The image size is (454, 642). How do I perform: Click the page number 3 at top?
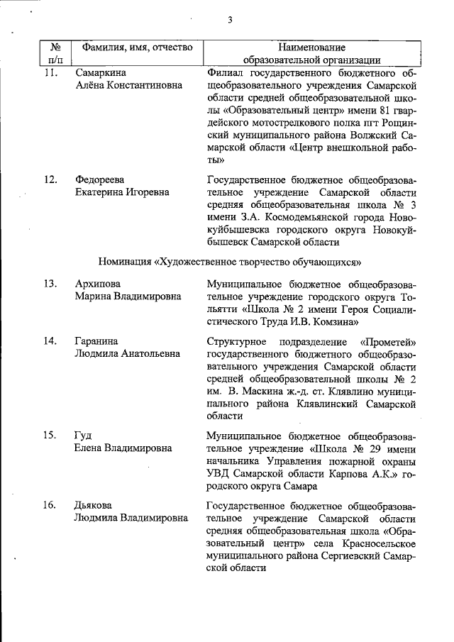[230, 20]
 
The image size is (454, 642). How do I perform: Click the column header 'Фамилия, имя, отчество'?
[138, 47]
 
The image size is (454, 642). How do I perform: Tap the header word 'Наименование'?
[311, 47]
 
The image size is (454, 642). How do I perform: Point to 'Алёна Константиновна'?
[128, 85]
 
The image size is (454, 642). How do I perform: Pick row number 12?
[50, 179]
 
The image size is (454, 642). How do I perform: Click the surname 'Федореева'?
[101, 179]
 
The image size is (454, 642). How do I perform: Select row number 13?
[50, 284]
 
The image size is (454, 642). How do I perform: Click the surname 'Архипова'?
[98, 284]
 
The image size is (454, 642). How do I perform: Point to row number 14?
[50, 341]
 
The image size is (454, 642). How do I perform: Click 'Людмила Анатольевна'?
[127, 353]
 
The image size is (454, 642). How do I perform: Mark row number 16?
[50, 505]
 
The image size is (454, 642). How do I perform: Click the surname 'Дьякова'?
[95, 505]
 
